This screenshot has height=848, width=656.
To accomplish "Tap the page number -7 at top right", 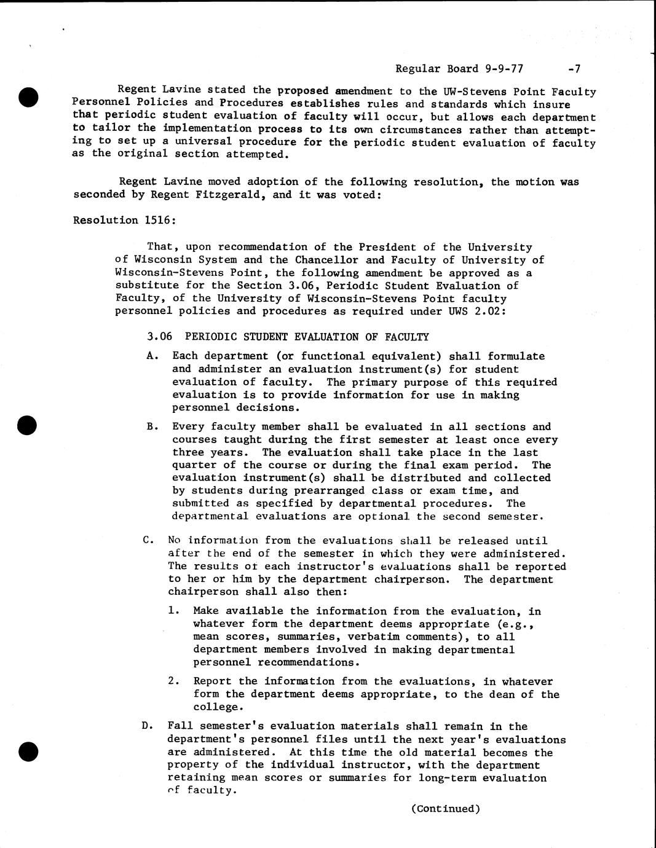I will point(575,69).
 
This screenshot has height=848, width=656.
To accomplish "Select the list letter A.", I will point(152,356).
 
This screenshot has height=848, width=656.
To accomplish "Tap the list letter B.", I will point(152,426).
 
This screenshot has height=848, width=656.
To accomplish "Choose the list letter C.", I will point(148,541).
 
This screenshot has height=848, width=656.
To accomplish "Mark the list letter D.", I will point(148,726).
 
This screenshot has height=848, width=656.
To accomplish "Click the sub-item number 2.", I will point(174,681).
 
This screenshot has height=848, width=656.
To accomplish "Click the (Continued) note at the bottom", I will point(445,809).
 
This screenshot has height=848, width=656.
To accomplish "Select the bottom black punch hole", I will point(29,751).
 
